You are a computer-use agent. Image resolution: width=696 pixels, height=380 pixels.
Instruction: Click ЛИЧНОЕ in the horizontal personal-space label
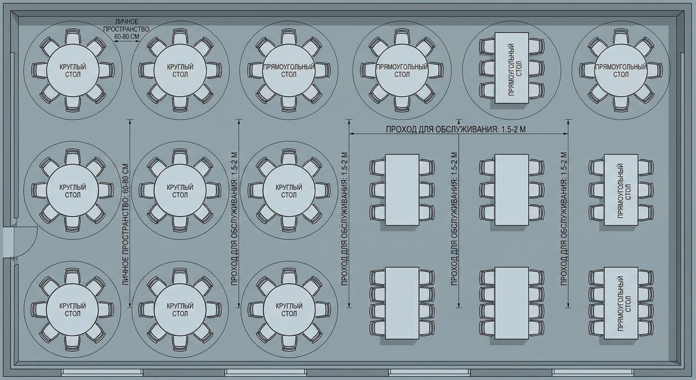tap(127, 22)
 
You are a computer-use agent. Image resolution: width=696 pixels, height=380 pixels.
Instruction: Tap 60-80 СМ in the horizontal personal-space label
tap(127, 36)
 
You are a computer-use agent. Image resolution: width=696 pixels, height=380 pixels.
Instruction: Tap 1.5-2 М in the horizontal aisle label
tap(514, 130)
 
